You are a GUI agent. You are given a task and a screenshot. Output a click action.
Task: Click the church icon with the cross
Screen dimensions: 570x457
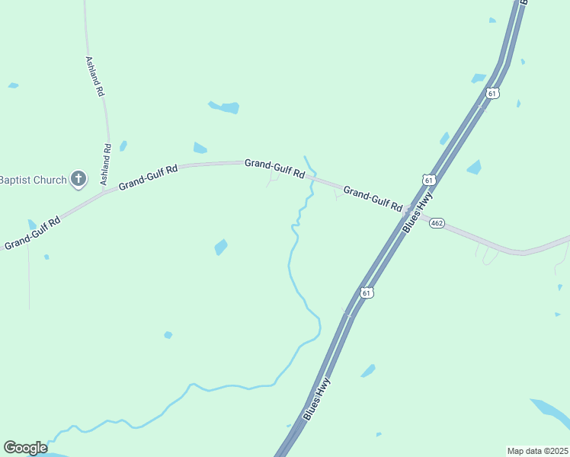point(78,179)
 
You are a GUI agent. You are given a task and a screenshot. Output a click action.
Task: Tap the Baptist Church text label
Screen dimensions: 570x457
point(33,180)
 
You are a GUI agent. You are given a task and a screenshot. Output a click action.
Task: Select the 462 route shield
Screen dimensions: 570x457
point(436,223)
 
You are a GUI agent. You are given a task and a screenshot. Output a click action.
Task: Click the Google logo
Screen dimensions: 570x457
point(25,448)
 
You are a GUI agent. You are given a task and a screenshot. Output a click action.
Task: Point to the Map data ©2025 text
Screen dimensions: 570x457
point(538,451)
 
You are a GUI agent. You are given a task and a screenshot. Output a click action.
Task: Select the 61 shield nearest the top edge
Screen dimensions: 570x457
point(492,93)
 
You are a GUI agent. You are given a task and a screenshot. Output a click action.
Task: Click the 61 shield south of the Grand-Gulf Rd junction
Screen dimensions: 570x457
point(367,292)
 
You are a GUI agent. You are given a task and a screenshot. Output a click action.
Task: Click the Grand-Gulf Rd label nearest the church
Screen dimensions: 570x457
point(148,175)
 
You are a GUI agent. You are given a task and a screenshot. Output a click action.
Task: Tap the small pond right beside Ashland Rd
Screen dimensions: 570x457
point(123,145)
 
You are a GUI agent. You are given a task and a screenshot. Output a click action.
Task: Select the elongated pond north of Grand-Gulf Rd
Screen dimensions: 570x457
point(225,107)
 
